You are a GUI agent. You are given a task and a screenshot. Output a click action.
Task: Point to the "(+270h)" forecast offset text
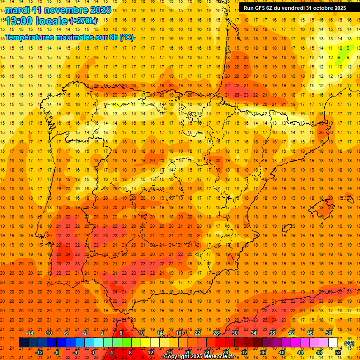pos(83,21)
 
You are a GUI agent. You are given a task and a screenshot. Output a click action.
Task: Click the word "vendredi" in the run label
pos(293,8)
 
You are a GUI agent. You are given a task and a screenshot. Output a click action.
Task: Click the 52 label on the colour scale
pos(338,352)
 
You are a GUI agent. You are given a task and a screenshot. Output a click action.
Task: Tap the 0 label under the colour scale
pos(92,352)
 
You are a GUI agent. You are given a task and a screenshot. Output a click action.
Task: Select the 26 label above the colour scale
pos(216,333)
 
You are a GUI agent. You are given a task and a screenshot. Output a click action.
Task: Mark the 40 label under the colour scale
pos(282,352)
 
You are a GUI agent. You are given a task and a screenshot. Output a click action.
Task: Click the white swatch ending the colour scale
pos(333,343)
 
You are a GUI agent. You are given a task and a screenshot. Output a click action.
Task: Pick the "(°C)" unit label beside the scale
pos(349,343)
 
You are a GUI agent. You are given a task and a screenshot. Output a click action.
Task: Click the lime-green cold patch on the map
pos(347,57)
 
